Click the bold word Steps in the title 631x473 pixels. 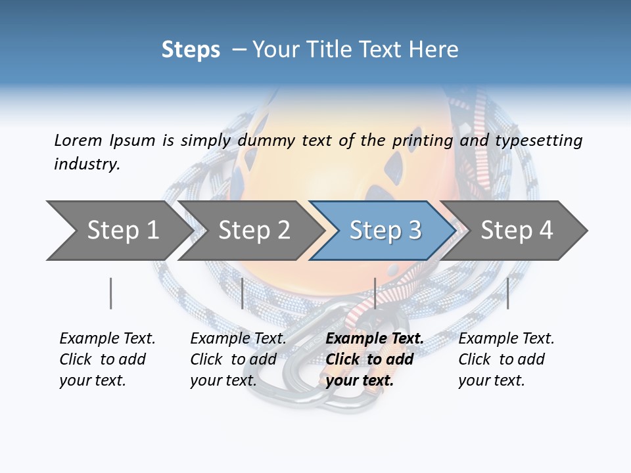coord(191,49)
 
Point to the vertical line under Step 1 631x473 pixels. coord(111,293)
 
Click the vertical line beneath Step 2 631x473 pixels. coord(243,293)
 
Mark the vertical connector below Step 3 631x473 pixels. coord(375,293)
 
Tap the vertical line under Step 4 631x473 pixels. coord(507,293)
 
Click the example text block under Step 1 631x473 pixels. coord(107,359)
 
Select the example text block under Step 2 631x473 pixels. coord(238,359)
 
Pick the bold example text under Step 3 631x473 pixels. coord(375,359)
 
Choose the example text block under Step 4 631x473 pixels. coord(506,359)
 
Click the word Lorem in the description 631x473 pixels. coord(78,141)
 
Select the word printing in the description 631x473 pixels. coord(423,141)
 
